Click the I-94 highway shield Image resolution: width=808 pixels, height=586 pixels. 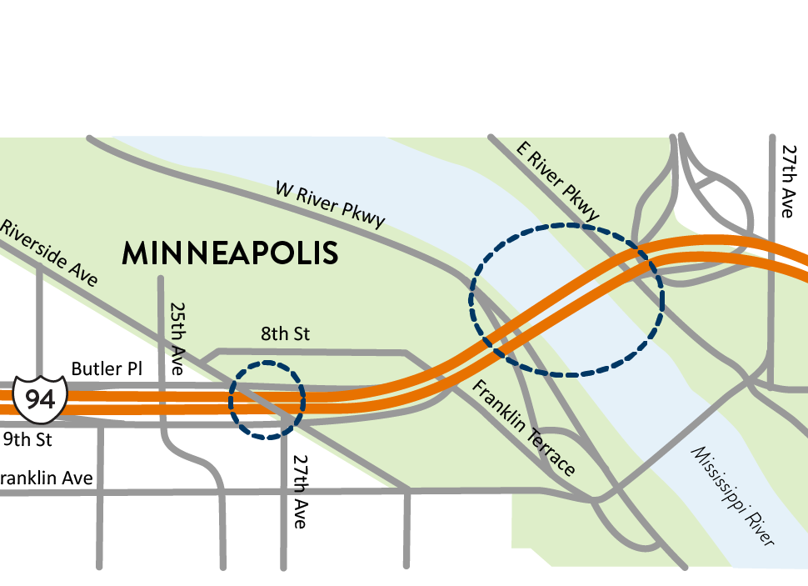pyautogui.click(x=40, y=398)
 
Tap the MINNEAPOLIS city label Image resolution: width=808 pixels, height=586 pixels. pyautogui.click(x=230, y=253)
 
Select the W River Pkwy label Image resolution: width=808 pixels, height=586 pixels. pyautogui.click(x=330, y=203)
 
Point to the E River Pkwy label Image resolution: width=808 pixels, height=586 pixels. pyautogui.click(x=557, y=183)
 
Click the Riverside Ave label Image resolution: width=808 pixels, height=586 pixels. pyautogui.click(x=49, y=252)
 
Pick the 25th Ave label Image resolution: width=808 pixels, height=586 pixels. pyautogui.click(x=177, y=337)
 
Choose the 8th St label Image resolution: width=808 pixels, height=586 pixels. pyautogui.click(x=285, y=334)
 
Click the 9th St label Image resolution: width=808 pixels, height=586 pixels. pyautogui.click(x=26, y=438)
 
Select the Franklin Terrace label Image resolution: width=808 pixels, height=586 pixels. pyautogui.click(x=524, y=428)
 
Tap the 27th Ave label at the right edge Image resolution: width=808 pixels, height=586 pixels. pyautogui.click(x=787, y=181)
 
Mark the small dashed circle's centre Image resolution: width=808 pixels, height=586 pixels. pyautogui.click(x=267, y=400)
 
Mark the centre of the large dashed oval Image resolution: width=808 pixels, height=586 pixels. pyautogui.click(x=567, y=298)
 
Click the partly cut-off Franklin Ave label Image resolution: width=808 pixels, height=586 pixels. pyautogui.click(x=46, y=478)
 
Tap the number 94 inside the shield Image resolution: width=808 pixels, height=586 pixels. pyautogui.click(x=40, y=399)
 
